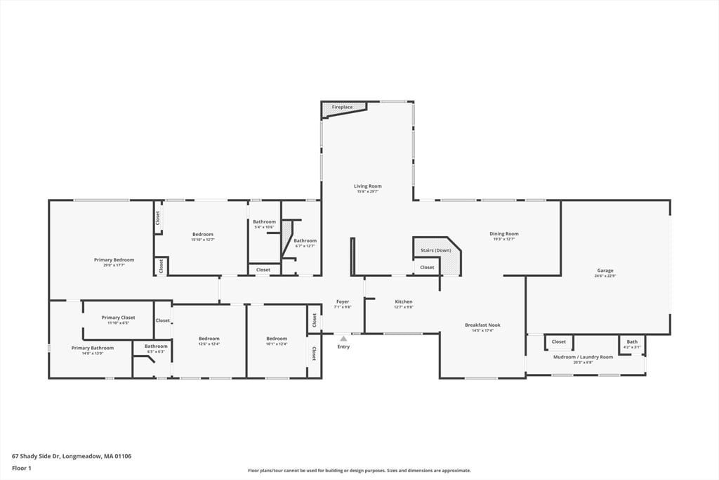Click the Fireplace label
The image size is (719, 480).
click(x=343, y=107)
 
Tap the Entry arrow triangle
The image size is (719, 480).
click(x=343, y=339)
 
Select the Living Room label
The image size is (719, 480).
click(x=368, y=186)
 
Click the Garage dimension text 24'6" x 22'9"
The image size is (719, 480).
click(x=605, y=275)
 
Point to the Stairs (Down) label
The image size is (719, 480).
click(x=435, y=250)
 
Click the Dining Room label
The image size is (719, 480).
click(x=504, y=234)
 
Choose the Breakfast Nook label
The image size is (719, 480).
click(x=482, y=325)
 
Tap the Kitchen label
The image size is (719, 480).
click(x=404, y=301)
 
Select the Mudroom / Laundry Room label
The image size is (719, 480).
click(x=583, y=357)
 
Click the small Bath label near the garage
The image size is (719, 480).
click(x=632, y=342)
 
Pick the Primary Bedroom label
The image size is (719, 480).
click(x=114, y=259)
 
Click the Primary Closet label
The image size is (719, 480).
click(x=118, y=318)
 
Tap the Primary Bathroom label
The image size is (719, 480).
click(x=92, y=348)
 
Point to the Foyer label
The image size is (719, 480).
click(x=343, y=301)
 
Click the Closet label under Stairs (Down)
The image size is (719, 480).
click(x=427, y=267)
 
